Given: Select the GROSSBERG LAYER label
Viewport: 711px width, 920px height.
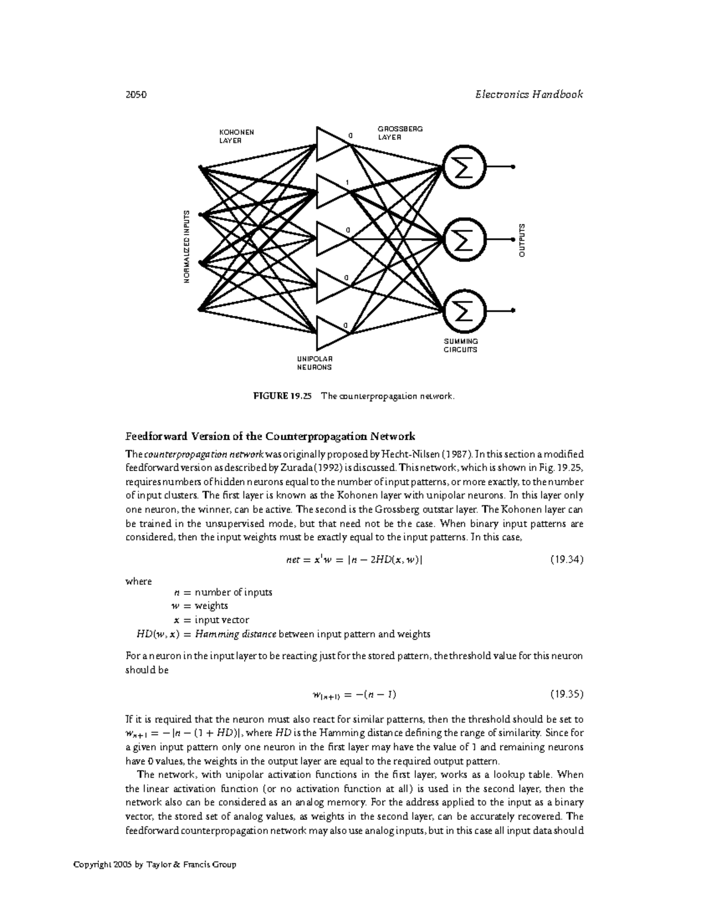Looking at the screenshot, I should click(x=400, y=133).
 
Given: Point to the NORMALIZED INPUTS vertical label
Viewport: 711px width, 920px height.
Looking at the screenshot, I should click(x=186, y=246).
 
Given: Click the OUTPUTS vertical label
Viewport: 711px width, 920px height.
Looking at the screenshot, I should click(x=522, y=240).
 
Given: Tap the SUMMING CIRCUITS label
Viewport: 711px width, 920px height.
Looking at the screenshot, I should click(x=460, y=345).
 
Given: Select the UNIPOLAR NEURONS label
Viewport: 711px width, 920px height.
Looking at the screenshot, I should click(x=314, y=363).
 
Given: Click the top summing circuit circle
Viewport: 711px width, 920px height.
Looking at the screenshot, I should click(x=465, y=167).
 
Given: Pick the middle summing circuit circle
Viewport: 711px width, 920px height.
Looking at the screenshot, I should click(x=465, y=239).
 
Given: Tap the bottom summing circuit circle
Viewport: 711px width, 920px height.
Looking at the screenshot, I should click(x=465, y=310).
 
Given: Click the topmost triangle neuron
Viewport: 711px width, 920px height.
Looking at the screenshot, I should click(x=331, y=143).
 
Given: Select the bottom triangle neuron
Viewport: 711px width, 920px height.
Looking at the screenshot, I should click(x=331, y=333).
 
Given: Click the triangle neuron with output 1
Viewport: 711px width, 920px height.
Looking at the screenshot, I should click(x=331, y=191).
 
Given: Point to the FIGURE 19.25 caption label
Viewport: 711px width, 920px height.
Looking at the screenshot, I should click(x=281, y=396).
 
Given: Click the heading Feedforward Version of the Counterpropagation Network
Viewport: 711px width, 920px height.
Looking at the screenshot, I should click(x=270, y=437).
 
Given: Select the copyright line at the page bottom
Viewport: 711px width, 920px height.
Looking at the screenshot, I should click(x=155, y=864).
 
